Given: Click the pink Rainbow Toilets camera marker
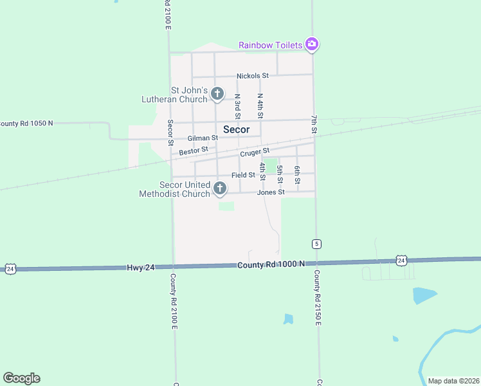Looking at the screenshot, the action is (312, 44).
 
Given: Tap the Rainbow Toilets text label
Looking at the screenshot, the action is (271, 45).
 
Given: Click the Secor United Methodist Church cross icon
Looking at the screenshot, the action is (220, 188).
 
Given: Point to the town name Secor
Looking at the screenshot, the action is (236, 129).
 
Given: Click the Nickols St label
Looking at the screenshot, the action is (252, 76).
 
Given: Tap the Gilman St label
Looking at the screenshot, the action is (203, 138).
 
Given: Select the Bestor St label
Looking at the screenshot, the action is (194, 151).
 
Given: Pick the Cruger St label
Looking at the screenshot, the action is (255, 153).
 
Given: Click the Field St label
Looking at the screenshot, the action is (244, 175).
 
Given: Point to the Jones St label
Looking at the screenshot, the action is (271, 192).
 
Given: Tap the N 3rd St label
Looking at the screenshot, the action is (237, 106).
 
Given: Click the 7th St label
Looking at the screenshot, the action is (314, 125).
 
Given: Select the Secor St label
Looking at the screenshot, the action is (170, 132).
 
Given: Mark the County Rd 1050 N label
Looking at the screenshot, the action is (26, 123).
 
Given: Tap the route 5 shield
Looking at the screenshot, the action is (317, 244).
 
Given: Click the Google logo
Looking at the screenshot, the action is (21, 378).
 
